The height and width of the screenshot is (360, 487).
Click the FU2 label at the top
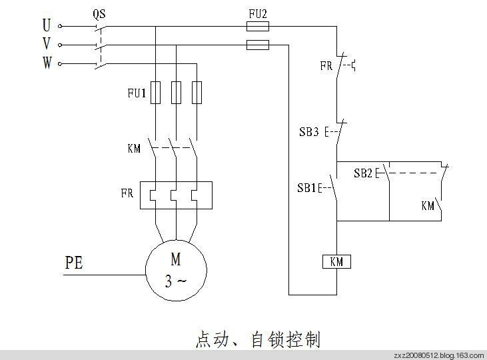pyautogui.click(x=257, y=13)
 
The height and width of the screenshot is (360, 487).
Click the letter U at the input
pyautogui.click(x=47, y=26)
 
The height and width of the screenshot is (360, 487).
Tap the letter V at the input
pyautogui.click(x=47, y=45)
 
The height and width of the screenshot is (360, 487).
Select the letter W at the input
pyautogui.click(x=47, y=63)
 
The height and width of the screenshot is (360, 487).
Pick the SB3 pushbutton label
pyautogui.click(x=309, y=132)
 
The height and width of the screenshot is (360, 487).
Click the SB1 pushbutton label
pyautogui.click(x=307, y=187)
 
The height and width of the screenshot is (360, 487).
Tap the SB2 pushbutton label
pyautogui.click(x=363, y=173)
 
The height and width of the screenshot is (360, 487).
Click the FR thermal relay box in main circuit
pyautogui.click(x=176, y=195)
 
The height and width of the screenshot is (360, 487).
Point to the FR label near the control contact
pyautogui.click(x=326, y=66)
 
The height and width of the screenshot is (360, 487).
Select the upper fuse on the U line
pyautogui.click(x=257, y=27)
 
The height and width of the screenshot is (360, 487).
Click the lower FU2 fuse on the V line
pyautogui.click(x=257, y=45)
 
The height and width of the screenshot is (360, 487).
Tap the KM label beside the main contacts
pyautogui.click(x=134, y=147)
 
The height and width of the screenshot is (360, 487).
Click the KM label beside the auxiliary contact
pyautogui.click(x=428, y=205)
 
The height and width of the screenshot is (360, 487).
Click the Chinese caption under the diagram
pyautogui.click(x=257, y=339)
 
